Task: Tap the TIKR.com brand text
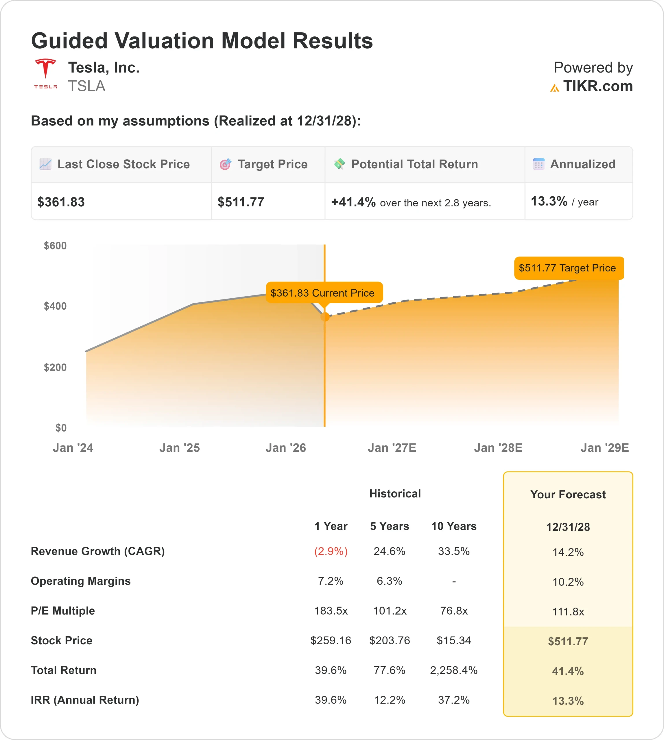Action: point(597,86)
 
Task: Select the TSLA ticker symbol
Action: point(86,86)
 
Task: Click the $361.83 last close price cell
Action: point(61,202)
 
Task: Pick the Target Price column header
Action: point(272,164)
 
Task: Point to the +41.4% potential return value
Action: point(353,202)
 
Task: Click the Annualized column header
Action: point(582,164)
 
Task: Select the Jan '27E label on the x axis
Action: point(392,448)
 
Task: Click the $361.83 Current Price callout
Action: point(322,293)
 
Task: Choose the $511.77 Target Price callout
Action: point(567,268)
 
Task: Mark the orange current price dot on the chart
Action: point(325,317)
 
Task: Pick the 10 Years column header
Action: point(454,526)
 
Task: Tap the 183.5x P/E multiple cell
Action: point(331,611)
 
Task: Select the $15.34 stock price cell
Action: point(454,641)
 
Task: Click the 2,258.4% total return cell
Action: point(454,670)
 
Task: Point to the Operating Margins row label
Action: point(81,581)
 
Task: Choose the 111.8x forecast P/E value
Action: point(568,612)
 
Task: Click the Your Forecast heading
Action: point(568,495)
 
